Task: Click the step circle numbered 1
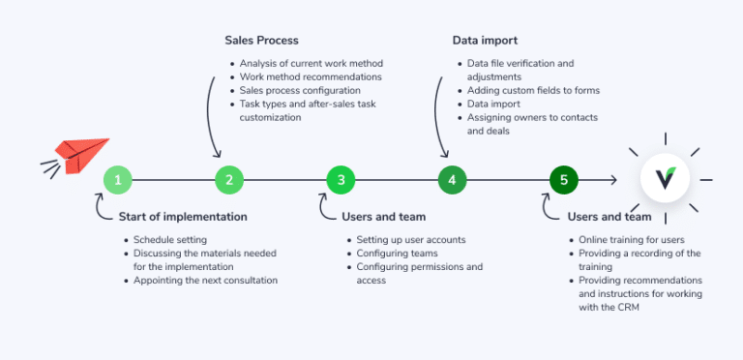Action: (118, 179)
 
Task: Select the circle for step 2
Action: (229, 179)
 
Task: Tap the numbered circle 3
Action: (341, 179)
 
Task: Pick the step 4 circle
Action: (452, 179)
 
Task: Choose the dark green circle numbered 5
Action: (563, 179)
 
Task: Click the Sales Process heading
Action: (261, 41)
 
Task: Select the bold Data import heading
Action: (485, 41)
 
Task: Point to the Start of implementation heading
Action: (182, 217)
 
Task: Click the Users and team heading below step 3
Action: (383, 217)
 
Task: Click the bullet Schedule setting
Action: (169, 239)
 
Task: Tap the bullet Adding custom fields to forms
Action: (532, 90)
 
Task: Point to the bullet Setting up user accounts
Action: (411, 239)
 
